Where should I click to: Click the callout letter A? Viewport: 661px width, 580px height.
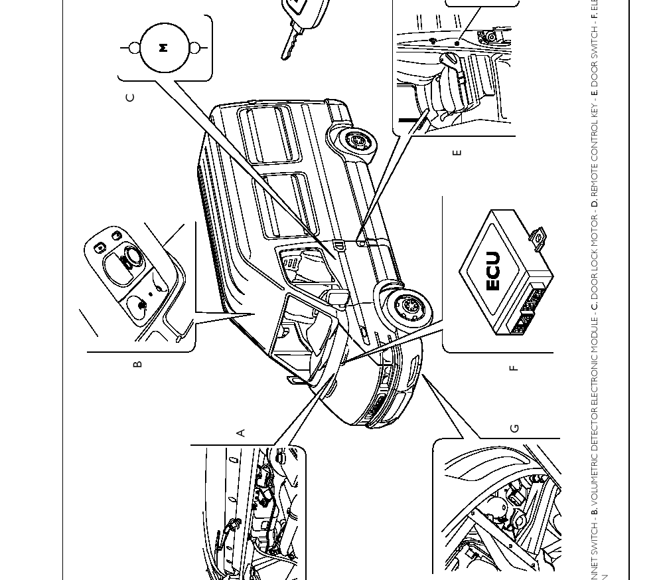[x=241, y=433]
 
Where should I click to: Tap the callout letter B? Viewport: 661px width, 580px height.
[x=137, y=364]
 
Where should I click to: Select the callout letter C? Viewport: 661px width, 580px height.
[x=130, y=98]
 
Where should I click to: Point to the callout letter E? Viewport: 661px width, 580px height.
[x=457, y=153]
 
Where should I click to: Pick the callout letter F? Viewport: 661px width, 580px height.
[x=513, y=367]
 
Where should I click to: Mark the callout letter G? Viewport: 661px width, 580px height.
[x=514, y=429]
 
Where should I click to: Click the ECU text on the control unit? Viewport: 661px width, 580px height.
[x=492, y=270]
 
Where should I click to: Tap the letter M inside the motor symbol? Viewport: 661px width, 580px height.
[x=164, y=48]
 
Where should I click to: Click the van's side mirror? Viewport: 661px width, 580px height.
[x=338, y=298]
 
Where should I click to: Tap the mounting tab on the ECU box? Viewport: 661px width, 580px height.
[x=538, y=237]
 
